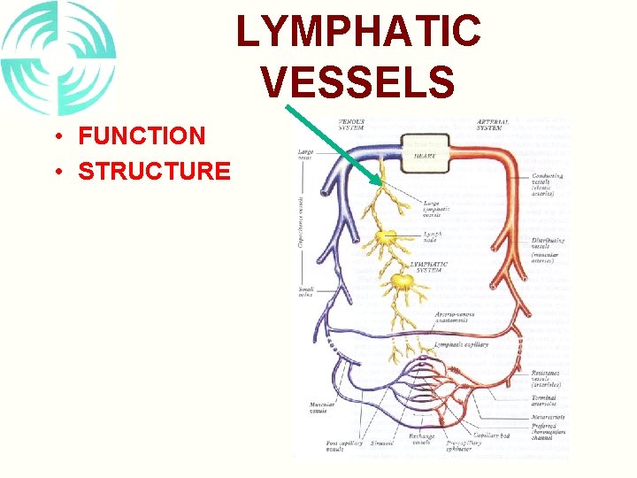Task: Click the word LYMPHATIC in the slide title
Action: click(x=358, y=33)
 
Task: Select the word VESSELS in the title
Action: click(x=358, y=82)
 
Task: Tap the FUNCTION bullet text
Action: click(x=142, y=136)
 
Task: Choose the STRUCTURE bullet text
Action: click(x=154, y=170)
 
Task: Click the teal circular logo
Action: click(x=58, y=58)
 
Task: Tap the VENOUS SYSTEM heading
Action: click(x=352, y=125)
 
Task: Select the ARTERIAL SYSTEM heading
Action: click(x=491, y=125)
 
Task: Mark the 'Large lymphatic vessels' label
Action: click(x=436, y=210)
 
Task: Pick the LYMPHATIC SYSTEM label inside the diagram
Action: click(x=429, y=266)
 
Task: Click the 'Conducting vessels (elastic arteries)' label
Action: click(x=549, y=183)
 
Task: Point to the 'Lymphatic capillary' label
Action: click(x=461, y=344)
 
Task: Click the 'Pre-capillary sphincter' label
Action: click(x=463, y=445)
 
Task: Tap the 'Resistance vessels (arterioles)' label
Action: click(x=549, y=379)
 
